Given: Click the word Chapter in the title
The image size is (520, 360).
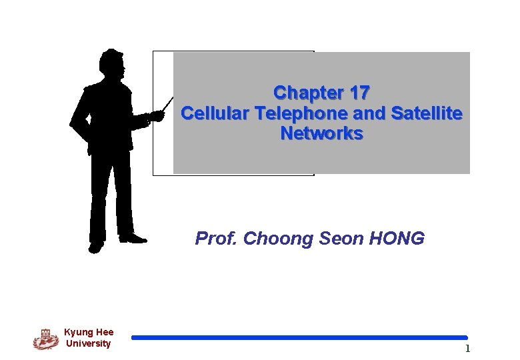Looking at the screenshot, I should tap(304, 93).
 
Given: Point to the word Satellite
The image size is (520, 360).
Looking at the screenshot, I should tap(427, 113).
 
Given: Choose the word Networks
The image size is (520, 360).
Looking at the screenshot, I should tap(321, 134).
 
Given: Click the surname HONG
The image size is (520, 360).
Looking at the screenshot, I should tap(399, 239).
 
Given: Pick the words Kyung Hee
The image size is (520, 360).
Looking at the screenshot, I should tap(89, 332).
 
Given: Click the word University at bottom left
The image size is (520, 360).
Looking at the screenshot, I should tap(89, 344).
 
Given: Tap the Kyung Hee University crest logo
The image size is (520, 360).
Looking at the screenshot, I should tap(46, 339).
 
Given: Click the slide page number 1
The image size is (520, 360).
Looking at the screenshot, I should tap(467, 349).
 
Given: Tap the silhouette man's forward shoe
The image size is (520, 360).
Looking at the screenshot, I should tap(133, 238).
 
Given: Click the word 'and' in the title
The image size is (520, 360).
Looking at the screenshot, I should tap(369, 113).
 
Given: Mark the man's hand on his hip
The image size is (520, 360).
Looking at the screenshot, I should tap(76, 124).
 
